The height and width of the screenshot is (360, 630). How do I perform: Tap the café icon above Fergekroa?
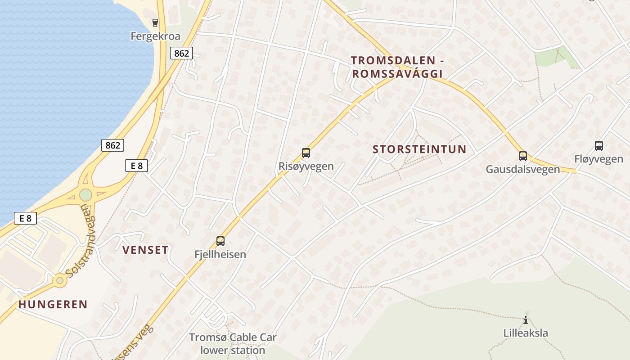click(155, 23)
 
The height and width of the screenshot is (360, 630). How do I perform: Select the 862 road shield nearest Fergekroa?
click(181, 53)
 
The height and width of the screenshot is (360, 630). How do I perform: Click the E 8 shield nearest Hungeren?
click(25, 219)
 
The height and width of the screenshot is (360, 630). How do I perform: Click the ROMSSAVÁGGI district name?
click(397, 74)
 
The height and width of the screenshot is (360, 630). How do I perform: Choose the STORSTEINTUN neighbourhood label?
click(419, 149)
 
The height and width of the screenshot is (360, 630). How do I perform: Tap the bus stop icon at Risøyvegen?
click(306, 153)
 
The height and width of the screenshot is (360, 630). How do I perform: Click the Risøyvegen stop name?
click(306, 166)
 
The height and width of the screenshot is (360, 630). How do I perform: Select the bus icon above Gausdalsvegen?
click(522, 156)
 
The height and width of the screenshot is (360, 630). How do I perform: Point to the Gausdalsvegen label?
click(522, 169)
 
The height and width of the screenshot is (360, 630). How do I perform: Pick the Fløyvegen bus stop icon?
click(598, 146)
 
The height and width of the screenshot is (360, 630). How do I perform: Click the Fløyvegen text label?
click(598, 159)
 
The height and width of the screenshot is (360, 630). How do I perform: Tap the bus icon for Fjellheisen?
click(220, 241)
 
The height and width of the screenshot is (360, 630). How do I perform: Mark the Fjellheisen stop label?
click(220, 254)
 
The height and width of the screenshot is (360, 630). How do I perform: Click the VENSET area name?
click(145, 250)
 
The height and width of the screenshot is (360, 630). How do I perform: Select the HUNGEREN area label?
click(53, 304)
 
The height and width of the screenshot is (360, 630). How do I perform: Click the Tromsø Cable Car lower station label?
click(233, 344)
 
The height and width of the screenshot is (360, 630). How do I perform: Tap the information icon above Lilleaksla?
click(525, 320)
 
